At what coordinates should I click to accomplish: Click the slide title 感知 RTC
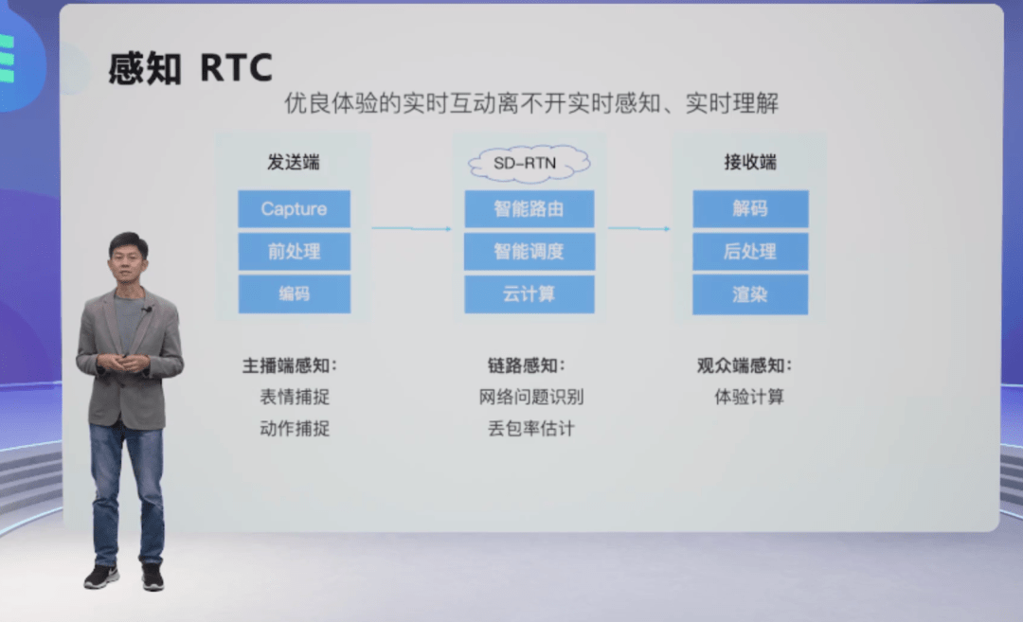190,68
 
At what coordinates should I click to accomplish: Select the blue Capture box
294,209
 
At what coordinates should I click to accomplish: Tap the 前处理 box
294,252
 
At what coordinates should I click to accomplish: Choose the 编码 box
294,294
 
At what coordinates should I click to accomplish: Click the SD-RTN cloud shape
529,164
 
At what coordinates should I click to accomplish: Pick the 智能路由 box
529,209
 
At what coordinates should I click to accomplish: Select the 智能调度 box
529,252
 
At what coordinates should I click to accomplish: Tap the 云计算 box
529,294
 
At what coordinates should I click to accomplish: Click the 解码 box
750,209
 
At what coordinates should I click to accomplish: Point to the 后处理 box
750,252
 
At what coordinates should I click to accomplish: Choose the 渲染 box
750,294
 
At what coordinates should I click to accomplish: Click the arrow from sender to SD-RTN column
411,228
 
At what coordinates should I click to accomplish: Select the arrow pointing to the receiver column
639,228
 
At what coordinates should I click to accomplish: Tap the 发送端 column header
294,162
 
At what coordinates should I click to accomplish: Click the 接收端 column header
750,162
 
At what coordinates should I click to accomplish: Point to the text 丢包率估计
531,429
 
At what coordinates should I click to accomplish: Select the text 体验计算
749,397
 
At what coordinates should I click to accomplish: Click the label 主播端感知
290,365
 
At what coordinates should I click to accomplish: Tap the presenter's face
128,258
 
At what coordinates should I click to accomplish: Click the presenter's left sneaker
153,577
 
